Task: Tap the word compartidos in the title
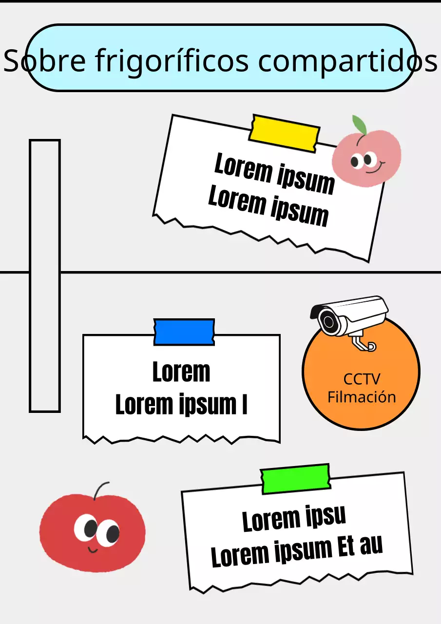pos(347,60)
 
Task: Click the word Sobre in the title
pos(45,60)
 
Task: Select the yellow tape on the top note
pos(284,132)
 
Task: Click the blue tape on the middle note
pos(184,332)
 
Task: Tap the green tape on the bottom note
pos(295,478)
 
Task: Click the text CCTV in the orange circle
pos(362,379)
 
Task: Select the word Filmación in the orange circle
pos(362,397)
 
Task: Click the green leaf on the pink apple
pos(360,125)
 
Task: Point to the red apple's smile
pos(93,550)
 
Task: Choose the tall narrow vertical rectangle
pos(45,275)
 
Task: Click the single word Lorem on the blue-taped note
pos(181,372)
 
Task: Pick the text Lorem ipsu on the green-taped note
pos(294,520)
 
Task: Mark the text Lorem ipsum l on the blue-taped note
pos(181,405)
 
